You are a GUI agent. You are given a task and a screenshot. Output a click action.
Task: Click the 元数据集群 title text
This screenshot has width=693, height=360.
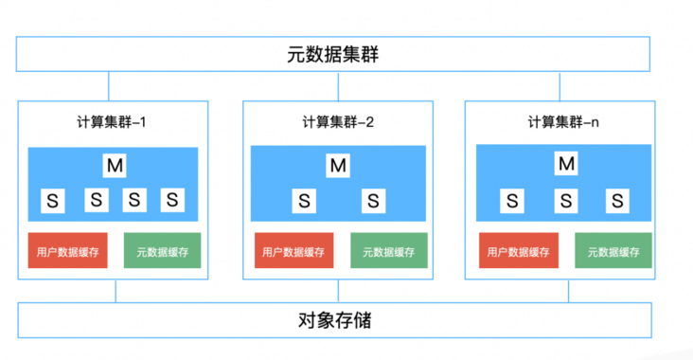tap(339, 54)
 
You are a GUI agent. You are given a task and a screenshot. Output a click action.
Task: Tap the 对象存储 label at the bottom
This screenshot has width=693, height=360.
tap(338, 320)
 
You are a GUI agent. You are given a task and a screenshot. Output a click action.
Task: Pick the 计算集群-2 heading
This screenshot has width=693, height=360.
tap(338, 122)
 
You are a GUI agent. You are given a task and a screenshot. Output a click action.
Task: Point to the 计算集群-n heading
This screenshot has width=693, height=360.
tap(563, 122)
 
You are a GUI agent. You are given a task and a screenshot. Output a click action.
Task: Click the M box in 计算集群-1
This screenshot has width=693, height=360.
tap(115, 166)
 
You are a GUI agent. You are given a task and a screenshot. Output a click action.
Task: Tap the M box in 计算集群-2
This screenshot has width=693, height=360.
tap(338, 166)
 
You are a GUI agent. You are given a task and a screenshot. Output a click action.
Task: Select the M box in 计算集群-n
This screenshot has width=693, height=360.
tap(566, 165)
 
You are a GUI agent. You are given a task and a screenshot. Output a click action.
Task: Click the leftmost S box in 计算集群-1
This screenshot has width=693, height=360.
tap(53, 200)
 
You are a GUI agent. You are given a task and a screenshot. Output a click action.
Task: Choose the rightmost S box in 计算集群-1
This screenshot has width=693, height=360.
tap(172, 200)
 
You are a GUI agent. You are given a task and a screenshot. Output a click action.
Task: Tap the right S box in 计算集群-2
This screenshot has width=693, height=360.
tap(375, 200)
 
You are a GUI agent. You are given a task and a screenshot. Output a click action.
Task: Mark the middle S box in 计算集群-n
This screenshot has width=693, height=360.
tap(566, 200)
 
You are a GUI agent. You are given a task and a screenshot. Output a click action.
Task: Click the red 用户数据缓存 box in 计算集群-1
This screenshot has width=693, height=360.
tap(66, 251)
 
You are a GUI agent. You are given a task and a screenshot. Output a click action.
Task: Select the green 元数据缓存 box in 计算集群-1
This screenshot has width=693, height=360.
tap(162, 251)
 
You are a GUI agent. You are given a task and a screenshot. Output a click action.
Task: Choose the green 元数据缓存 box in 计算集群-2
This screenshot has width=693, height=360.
tap(388, 251)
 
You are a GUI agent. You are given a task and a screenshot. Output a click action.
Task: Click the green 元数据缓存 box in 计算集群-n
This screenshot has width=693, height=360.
tap(613, 251)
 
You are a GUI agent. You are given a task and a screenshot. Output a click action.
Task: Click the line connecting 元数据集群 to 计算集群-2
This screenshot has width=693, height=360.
tap(338, 86)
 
